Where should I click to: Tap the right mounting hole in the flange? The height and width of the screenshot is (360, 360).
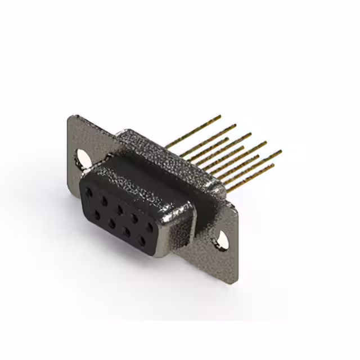(223, 239)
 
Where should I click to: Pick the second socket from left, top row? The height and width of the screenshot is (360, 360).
(104, 199)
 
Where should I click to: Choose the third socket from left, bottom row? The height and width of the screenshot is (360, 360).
(127, 231)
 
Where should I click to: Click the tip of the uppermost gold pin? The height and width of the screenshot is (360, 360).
(220, 116)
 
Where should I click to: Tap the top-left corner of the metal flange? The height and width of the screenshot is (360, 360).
(70, 116)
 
